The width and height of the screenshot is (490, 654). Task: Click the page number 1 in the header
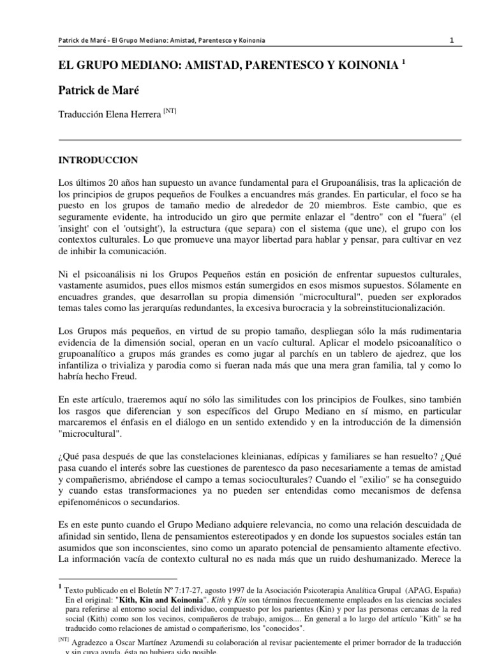coord(452,40)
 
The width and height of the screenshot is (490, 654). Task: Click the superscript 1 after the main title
coord(403,64)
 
